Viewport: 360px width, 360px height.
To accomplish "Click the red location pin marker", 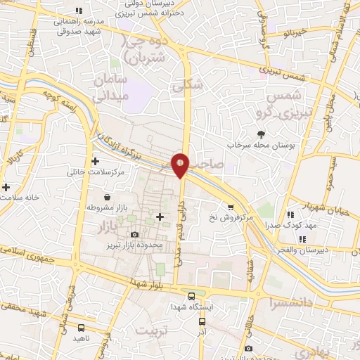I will click(x=181, y=163).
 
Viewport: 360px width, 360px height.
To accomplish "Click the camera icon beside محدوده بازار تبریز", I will click(x=134, y=235).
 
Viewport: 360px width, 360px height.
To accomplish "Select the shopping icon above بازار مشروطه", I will click(x=105, y=198).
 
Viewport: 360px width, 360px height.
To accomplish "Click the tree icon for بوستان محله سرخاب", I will click(x=261, y=134).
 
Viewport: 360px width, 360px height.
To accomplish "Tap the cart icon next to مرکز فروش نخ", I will click(x=230, y=207).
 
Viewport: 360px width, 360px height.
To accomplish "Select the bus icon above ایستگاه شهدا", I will click(x=193, y=296).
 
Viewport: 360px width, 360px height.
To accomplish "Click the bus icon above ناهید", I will click(x=82, y=328).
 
